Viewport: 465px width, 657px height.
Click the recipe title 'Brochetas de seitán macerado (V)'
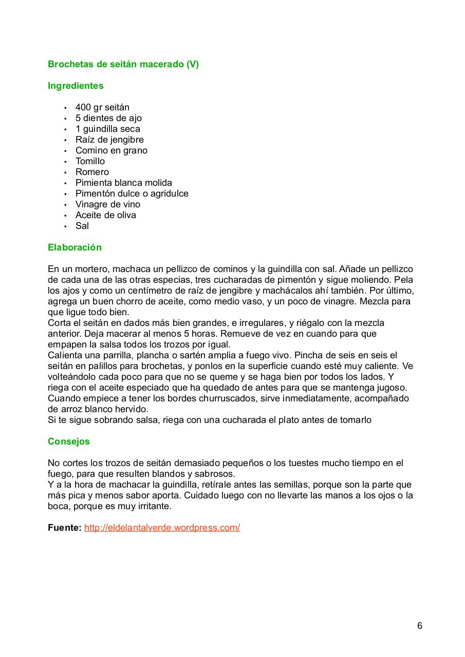(123, 64)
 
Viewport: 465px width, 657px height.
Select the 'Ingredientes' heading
(76, 86)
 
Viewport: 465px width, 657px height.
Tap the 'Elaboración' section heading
(75, 247)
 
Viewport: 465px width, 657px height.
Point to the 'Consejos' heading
(68, 441)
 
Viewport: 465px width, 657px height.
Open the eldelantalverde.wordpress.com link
(162, 528)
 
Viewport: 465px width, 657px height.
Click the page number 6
(420, 626)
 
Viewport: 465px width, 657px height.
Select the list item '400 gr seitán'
(102, 107)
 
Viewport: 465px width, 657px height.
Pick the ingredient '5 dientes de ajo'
(108, 118)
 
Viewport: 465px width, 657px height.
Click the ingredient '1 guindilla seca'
(107, 129)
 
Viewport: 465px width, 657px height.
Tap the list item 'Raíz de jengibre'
(109, 140)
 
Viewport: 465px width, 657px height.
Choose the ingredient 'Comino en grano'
(111, 150)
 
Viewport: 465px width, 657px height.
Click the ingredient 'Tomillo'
(90, 161)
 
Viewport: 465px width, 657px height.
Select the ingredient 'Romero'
(92, 172)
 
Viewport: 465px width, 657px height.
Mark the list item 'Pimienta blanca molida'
(123, 183)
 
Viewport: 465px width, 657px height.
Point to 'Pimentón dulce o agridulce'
(132, 194)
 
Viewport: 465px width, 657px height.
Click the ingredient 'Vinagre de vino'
(107, 204)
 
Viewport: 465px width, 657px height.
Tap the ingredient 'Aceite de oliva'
(105, 215)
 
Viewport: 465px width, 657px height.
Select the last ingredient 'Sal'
(82, 226)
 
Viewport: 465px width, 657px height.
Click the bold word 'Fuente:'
(64, 528)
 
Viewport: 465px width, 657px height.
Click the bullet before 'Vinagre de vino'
(65, 205)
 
